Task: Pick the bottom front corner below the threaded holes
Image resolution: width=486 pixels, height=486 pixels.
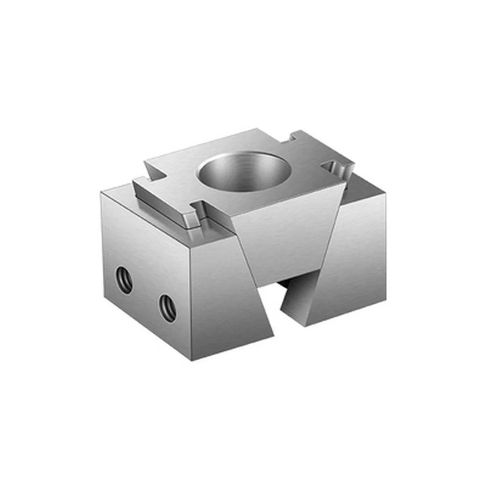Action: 191,361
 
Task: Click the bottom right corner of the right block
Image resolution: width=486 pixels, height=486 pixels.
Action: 382,300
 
